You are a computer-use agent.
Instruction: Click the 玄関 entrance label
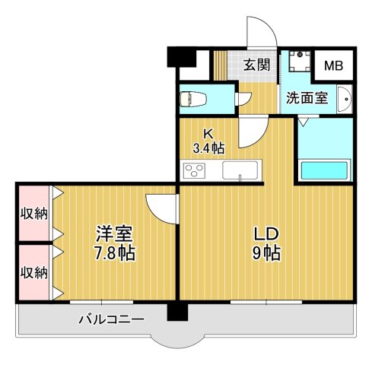257,65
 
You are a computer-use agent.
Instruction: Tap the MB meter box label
334,65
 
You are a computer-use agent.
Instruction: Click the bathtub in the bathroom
324,170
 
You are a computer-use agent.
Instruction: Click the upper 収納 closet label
32,213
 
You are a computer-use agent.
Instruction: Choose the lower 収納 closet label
32,271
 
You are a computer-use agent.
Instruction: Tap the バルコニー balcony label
112,319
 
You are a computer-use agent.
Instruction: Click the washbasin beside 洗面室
344,98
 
